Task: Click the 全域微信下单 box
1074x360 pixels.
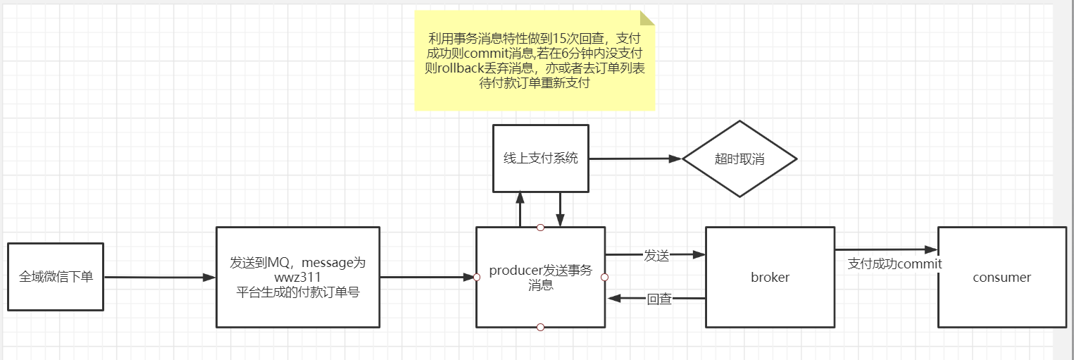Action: click(56, 277)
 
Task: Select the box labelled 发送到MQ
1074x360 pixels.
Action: click(297, 277)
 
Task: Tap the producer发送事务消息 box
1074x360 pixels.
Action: click(540, 277)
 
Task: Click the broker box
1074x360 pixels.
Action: click(770, 277)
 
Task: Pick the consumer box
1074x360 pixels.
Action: click(1001, 277)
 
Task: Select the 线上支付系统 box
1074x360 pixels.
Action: click(540, 158)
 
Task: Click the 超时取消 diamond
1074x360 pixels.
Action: click(739, 159)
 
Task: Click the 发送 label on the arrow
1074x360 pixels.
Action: click(656, 256)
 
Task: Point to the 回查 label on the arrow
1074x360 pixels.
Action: click(659, 299)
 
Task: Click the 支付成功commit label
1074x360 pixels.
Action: click(894, 263)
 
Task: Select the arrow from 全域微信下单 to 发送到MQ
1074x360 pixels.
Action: click(159, 278)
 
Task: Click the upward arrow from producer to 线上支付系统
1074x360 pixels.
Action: click(520, 209)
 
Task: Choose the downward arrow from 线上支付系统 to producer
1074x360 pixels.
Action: click(560, 209)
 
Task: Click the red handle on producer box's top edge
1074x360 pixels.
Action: click(540, 227)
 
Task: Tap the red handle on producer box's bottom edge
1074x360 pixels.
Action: click(540, 327)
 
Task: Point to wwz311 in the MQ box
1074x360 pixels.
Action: click(298, 278)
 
